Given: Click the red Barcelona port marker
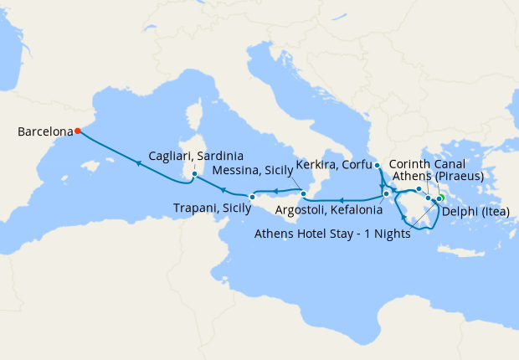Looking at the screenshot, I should (x=77, y=131).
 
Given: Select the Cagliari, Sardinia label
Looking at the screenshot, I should (x=196, y=156).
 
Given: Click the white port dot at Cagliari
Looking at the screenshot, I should (x=194, y=174).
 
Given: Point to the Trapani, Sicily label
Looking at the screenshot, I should (x=212, y=208).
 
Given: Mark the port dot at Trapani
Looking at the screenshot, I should (x=251, y=197).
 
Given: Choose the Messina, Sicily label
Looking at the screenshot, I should (x=251, y=170).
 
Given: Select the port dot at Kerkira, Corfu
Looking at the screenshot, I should (x=378, y=165).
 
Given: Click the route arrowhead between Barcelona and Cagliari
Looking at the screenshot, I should (x=139, y=163).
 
